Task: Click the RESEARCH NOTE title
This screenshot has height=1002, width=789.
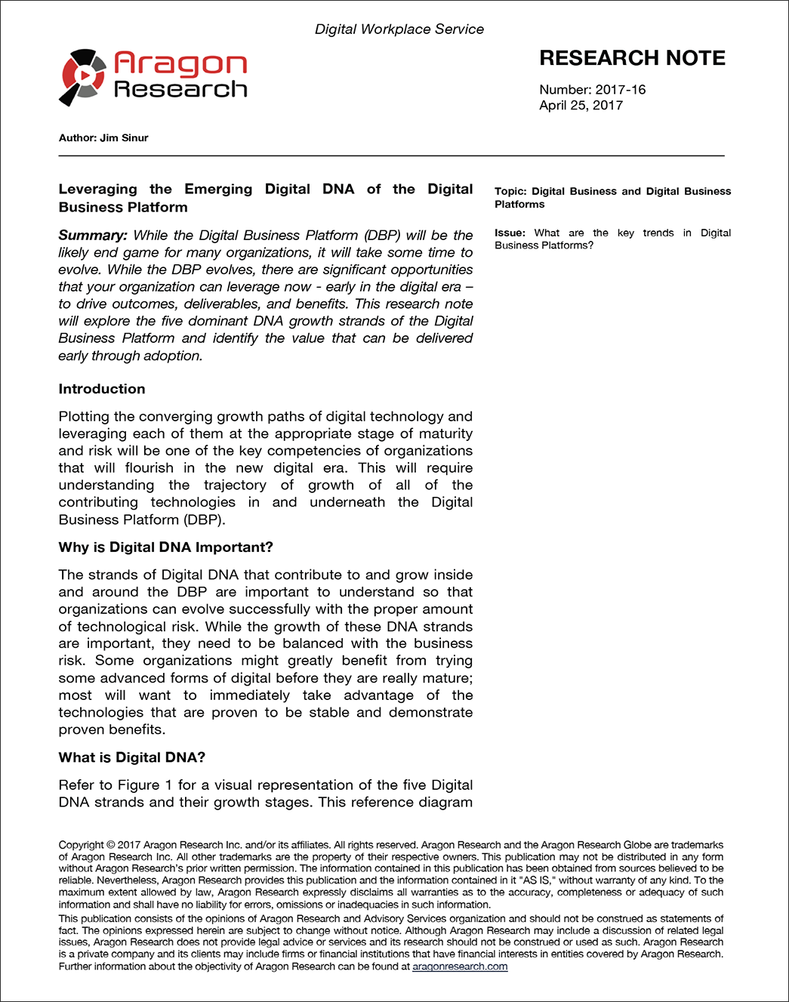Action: pyautogui.click(x=632, y=58)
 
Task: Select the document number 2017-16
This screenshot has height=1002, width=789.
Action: pyautogui.click(x=621, y=90)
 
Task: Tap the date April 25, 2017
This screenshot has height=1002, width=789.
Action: pyautogui.click(x=581, y=106)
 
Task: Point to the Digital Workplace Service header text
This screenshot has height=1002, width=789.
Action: pyautogui.click(x=399, y=29)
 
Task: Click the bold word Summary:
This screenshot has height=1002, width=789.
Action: pyautogui.click(x=93, y=236)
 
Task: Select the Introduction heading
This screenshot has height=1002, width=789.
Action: pyautogui.click(x=102, y=389)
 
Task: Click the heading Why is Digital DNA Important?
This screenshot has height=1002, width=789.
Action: pyautogui.click(x=166, y=547)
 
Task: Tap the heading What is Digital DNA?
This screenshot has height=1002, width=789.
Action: pyautogui.click(x=132, y=757)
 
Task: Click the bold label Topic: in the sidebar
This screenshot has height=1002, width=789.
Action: pyautogui.click(x=510, y=192)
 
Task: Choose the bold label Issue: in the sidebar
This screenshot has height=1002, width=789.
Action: pyautogui.click(x=510, y=233)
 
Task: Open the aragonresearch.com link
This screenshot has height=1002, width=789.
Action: pyautogui.click(x=460, y=967)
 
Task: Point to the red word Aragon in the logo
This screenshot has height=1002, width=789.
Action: pyautogui.click(x=180, y=64)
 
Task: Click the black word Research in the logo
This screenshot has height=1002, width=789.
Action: pyautogui.click(x=180, y=90)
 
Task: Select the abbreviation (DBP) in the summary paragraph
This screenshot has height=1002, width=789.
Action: pyautogui.click(x=382, y=236)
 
